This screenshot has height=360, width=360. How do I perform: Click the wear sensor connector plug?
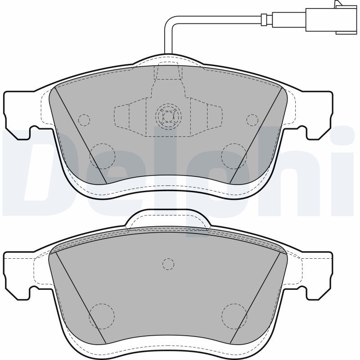[332, 18]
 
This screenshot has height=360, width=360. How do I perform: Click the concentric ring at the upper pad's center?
[168, 117]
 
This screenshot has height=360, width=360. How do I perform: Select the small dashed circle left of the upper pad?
[84, 120]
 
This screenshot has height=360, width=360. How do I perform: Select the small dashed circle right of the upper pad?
[252, 120]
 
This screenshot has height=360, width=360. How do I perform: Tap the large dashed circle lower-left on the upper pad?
[102, 156]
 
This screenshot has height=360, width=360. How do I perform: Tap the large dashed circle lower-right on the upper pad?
[234, 156]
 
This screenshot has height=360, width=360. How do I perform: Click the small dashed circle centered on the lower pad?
[168, 264]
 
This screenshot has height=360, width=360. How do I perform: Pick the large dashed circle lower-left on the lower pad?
[102, 316]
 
